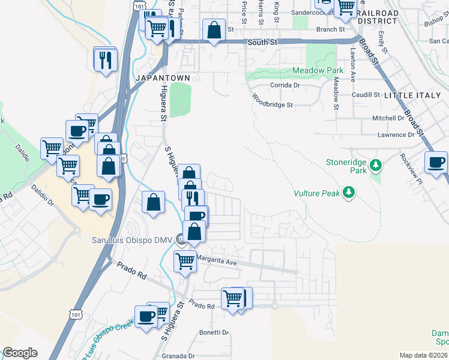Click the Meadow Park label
tap(318, 71)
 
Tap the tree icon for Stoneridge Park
tap(376, 164)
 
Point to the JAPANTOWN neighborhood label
tap(163, 79)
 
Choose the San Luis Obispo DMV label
tap(131, 241)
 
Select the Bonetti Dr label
tap(214, 332)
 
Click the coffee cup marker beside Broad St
tap(436, 162)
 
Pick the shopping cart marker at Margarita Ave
tap(185, 261)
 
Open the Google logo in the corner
tap(20, 353)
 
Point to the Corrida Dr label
tap(285, 85)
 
